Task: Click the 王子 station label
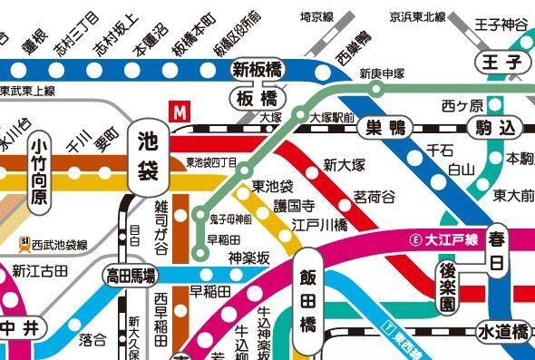(x=502, y=63)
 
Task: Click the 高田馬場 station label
(x=131, y=275)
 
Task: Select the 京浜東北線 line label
(x=418, y=16)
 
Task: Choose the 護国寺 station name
(x=294, y=206)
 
